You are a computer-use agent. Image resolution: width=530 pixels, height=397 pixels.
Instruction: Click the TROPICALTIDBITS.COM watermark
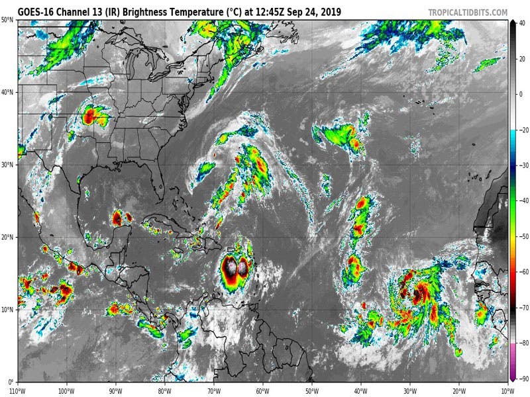[x=467, y=13]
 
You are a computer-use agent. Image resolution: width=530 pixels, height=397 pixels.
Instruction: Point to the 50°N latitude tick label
[x=8, y=20]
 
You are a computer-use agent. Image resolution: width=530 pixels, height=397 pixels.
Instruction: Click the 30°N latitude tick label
[x=8, y=165]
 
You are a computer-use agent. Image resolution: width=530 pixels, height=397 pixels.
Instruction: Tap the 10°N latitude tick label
[x=8, y=310]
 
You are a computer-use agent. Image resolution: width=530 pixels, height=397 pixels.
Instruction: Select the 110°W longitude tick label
[x=18, y=390]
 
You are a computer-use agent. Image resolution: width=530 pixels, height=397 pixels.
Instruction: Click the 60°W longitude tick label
[x=262, y=390]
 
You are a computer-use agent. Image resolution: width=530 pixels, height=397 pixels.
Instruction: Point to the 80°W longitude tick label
[x=164, y=390]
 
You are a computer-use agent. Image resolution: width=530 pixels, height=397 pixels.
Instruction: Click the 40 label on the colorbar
[x=521, y=22]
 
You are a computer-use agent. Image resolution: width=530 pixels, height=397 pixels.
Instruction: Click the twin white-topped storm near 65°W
[x=235, y=267]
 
